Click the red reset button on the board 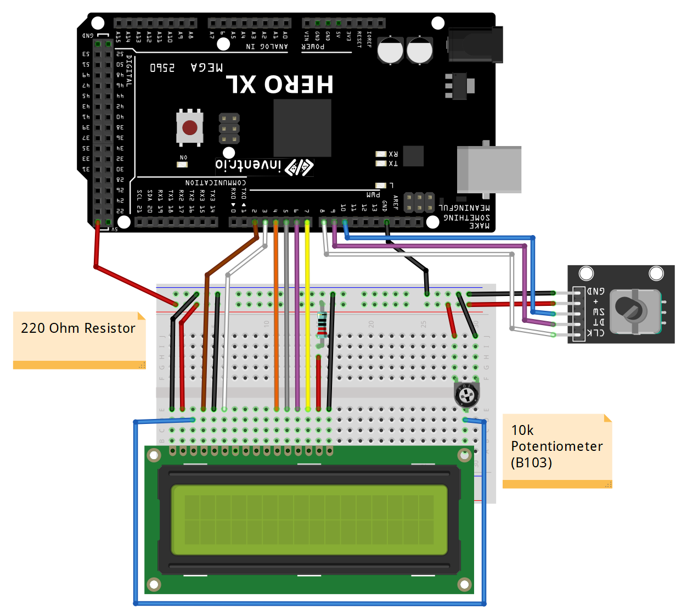click(190, 128)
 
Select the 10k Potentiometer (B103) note click(556, 446)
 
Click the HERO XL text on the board click(280, 85)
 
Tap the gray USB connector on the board click(489, 169)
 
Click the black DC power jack click(475, 45)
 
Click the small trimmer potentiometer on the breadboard click(466, 394)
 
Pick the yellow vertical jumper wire click(307, 313)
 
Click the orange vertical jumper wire click(276, 313)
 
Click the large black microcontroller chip click(302, 128)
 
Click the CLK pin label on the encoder click(596, 333)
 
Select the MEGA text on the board click(207, 68)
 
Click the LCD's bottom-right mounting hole click(464, 584)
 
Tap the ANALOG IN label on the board click(267, 47)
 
